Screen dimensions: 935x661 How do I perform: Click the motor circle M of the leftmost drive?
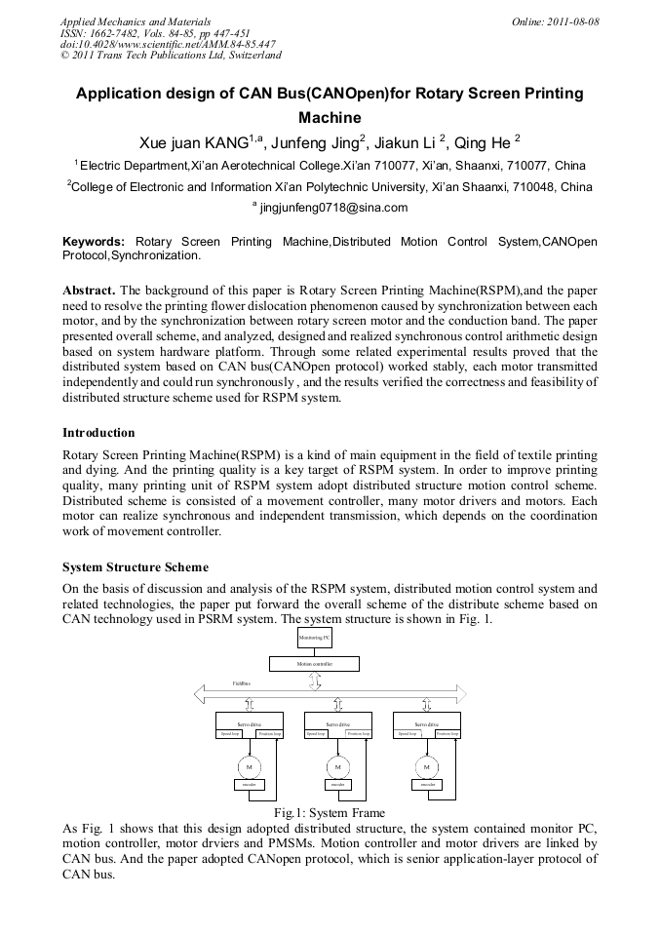point(248,765)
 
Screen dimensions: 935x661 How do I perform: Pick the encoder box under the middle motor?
point(337,784)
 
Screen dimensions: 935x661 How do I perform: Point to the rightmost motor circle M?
point(426,765)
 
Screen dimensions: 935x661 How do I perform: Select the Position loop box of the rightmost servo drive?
point(448,734)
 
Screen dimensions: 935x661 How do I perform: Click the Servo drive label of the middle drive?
point(337,723)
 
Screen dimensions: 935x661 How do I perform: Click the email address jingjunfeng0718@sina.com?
point(332,208)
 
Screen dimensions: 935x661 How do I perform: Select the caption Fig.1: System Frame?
point(330,813)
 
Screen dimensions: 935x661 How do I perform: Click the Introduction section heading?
point(98,432)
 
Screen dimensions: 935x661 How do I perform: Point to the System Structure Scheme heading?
point(136,566)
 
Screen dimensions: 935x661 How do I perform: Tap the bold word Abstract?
point(90,291)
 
